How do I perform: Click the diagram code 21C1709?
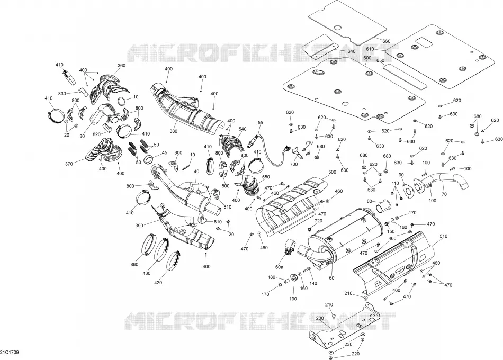10,352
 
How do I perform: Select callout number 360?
122,66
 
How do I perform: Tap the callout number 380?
173,131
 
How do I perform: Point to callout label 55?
260,123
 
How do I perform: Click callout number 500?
333,172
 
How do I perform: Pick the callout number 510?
443,236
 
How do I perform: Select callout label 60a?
280,267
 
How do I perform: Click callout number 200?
320,318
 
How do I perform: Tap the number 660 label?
387,41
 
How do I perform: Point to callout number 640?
352,51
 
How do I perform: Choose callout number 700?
293,164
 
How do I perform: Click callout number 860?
134,264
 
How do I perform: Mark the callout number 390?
139,226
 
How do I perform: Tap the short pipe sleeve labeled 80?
383,205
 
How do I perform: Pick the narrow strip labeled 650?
405,76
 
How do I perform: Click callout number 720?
318,221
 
